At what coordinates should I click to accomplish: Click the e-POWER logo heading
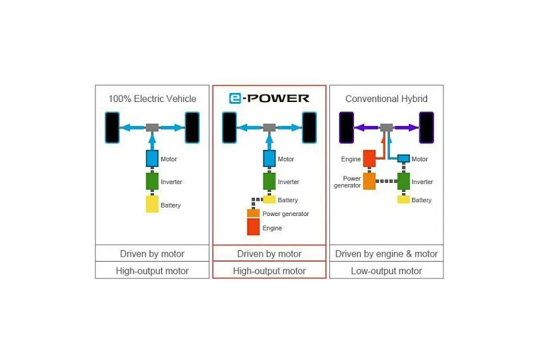click(269, 98)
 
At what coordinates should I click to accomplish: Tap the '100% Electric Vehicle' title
click(152, 98)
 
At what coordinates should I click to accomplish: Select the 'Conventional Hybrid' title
click(386, 98)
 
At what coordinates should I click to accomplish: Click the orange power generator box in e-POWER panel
click(253, 213)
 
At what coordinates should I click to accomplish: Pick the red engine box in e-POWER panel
click(253, 227)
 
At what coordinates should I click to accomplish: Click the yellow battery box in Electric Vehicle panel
click(152, 204)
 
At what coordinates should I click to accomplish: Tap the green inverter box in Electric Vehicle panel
click(152, 181)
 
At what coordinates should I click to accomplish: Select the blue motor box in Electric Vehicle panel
click(152, 158)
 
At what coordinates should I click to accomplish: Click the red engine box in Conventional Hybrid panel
click(368, 159)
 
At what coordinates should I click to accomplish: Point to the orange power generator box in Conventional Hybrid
click(368, 181)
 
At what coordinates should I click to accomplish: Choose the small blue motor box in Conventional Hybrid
click(403, 158)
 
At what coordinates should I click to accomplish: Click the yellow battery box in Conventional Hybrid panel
click(403, 199)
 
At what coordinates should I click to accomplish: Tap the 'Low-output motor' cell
click(386, 271)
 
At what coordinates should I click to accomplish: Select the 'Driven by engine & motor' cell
click(386, 254)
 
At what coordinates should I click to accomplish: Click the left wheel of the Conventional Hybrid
click(346, 127)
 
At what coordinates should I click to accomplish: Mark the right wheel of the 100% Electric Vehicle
click(192, 127)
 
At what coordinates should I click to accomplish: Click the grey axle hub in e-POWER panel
click(269, 127)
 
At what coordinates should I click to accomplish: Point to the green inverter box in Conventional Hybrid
click(403, 181)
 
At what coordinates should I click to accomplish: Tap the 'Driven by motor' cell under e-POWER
click(269, 254)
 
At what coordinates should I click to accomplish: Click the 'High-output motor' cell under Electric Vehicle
click(152, 271)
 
